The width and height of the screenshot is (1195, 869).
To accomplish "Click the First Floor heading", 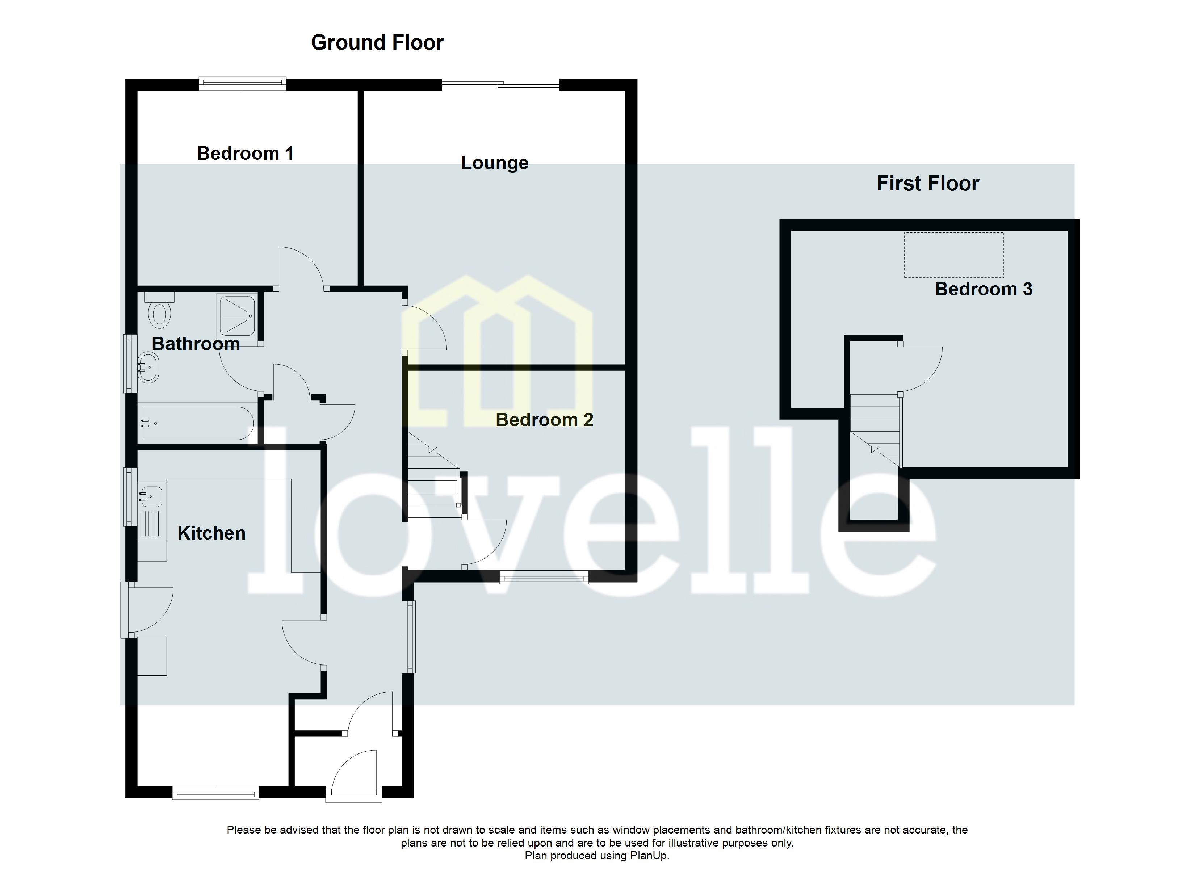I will (x=927, y=183).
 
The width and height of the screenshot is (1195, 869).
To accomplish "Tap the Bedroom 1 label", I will (x=245, y=154).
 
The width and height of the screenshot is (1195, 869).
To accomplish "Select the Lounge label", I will (x=494, y=163).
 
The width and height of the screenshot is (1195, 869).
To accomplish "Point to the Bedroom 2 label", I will (x=544, y=420).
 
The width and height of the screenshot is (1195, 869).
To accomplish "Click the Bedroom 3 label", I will (x=983, y=289).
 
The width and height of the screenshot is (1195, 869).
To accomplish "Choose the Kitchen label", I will (x=211, y=533).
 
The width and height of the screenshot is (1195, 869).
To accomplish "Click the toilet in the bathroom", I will (x=159, y=312).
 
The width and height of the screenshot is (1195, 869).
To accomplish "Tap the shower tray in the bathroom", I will (x=238, y=316).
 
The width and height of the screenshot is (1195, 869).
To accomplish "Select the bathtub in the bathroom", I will (x=198, y=423).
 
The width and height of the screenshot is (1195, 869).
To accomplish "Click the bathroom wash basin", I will (x=148, y=367).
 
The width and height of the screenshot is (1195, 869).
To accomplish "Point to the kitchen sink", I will (x=152, y=496).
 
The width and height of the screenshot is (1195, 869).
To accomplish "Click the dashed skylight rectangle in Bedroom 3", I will (x=954, y=255).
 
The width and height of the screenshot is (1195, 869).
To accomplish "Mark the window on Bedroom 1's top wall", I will (x=242, y=83).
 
